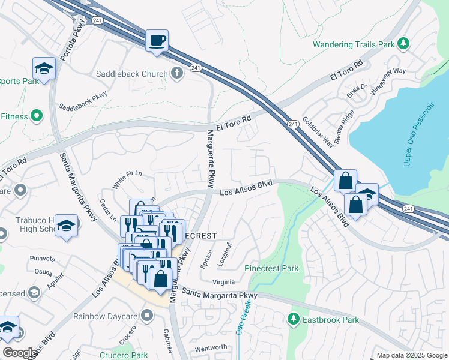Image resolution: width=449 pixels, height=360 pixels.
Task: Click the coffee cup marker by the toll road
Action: (157, 41)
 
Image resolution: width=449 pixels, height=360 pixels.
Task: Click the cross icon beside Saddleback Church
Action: (176, 74)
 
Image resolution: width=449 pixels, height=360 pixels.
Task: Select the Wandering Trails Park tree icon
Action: (405, 43)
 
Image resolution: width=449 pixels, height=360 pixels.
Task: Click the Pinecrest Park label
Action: (271, 268)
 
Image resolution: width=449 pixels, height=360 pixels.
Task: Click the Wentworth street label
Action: (211, 347)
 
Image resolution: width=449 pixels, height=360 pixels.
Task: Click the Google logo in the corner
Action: (20, 353)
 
